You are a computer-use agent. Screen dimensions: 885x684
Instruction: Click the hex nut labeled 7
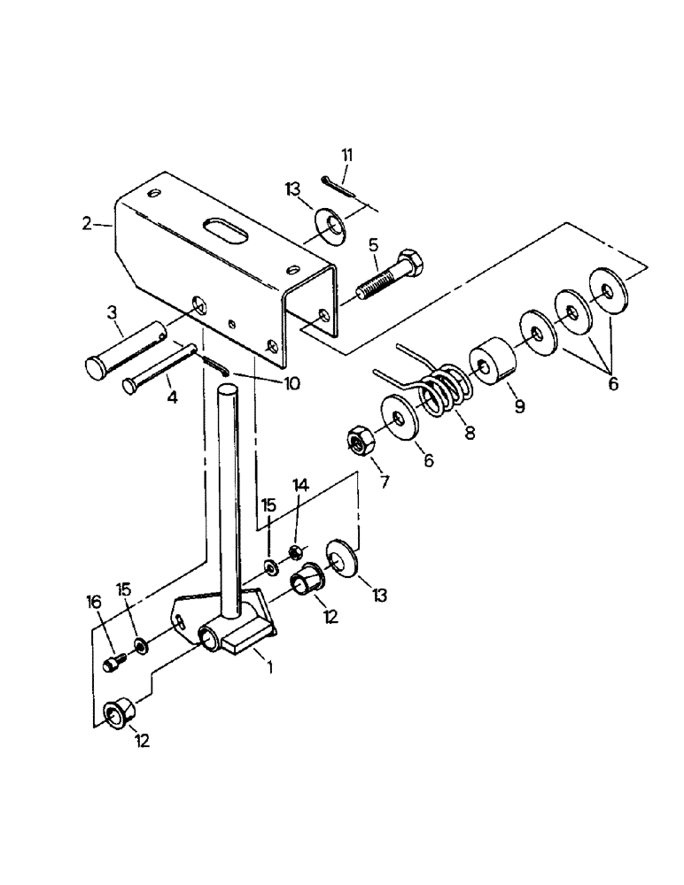coord(359,439)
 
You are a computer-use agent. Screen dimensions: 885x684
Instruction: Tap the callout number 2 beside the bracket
coord(86,224)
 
